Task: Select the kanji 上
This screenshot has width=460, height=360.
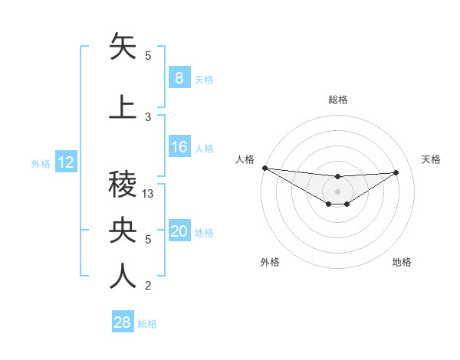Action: pos(123,107)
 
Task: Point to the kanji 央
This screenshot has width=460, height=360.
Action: pos(123,230)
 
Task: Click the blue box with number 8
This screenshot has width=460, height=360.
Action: pos(179,78)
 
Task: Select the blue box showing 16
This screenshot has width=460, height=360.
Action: pos(179,147)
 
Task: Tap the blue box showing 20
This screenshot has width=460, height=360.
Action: pos(179,231)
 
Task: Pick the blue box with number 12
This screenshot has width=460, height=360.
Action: pos(65,162)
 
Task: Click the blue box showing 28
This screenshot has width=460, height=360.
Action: pos(123,322)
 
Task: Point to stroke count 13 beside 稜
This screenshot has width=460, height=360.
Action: pos(149,194)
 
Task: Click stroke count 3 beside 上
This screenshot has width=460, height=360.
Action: pos(148,116)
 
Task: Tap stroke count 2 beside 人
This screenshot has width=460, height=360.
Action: pos(148,286)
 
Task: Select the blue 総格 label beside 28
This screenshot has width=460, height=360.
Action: pos(147,324)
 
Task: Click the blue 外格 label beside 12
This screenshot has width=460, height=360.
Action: pos(41,163)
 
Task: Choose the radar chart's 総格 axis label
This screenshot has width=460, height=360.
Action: pos(337,100)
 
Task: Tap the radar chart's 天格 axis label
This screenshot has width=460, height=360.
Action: pos(432,159)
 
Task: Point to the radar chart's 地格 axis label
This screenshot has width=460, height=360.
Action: pos(402,262)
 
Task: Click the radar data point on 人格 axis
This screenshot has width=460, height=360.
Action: pos(264,168)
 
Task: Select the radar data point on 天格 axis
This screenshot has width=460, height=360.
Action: pos(396,172)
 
